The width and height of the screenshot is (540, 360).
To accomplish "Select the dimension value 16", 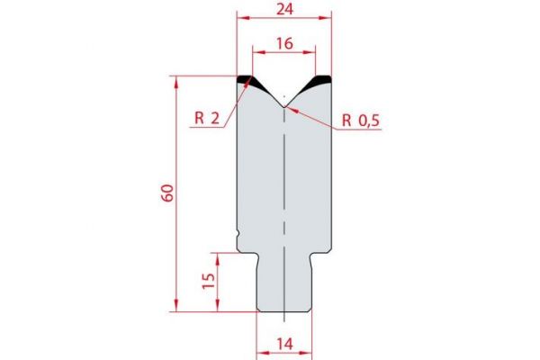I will click(x=283, y=41).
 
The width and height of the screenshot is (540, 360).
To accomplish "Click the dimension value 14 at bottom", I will click(x=283, y=344).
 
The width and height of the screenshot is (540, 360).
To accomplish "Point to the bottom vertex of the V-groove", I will click(x=284, y=106).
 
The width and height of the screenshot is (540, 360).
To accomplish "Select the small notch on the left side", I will click(x=238, y=236).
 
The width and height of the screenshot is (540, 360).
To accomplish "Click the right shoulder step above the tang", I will click(x=320, y=255).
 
